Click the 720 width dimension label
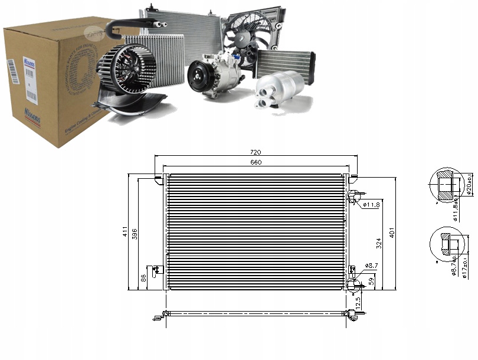pyautogui.click(x=256, y=152)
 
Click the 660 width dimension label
pyautogui.click(x=256, y=162)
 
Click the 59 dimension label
pyautogui.click(x=370, y=281)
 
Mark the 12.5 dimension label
pyautogui.click(x=359, y=302)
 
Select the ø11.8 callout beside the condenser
pyautogui.click(x=371, y=205)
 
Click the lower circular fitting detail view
pyautogui.click(x=446, y=244)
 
